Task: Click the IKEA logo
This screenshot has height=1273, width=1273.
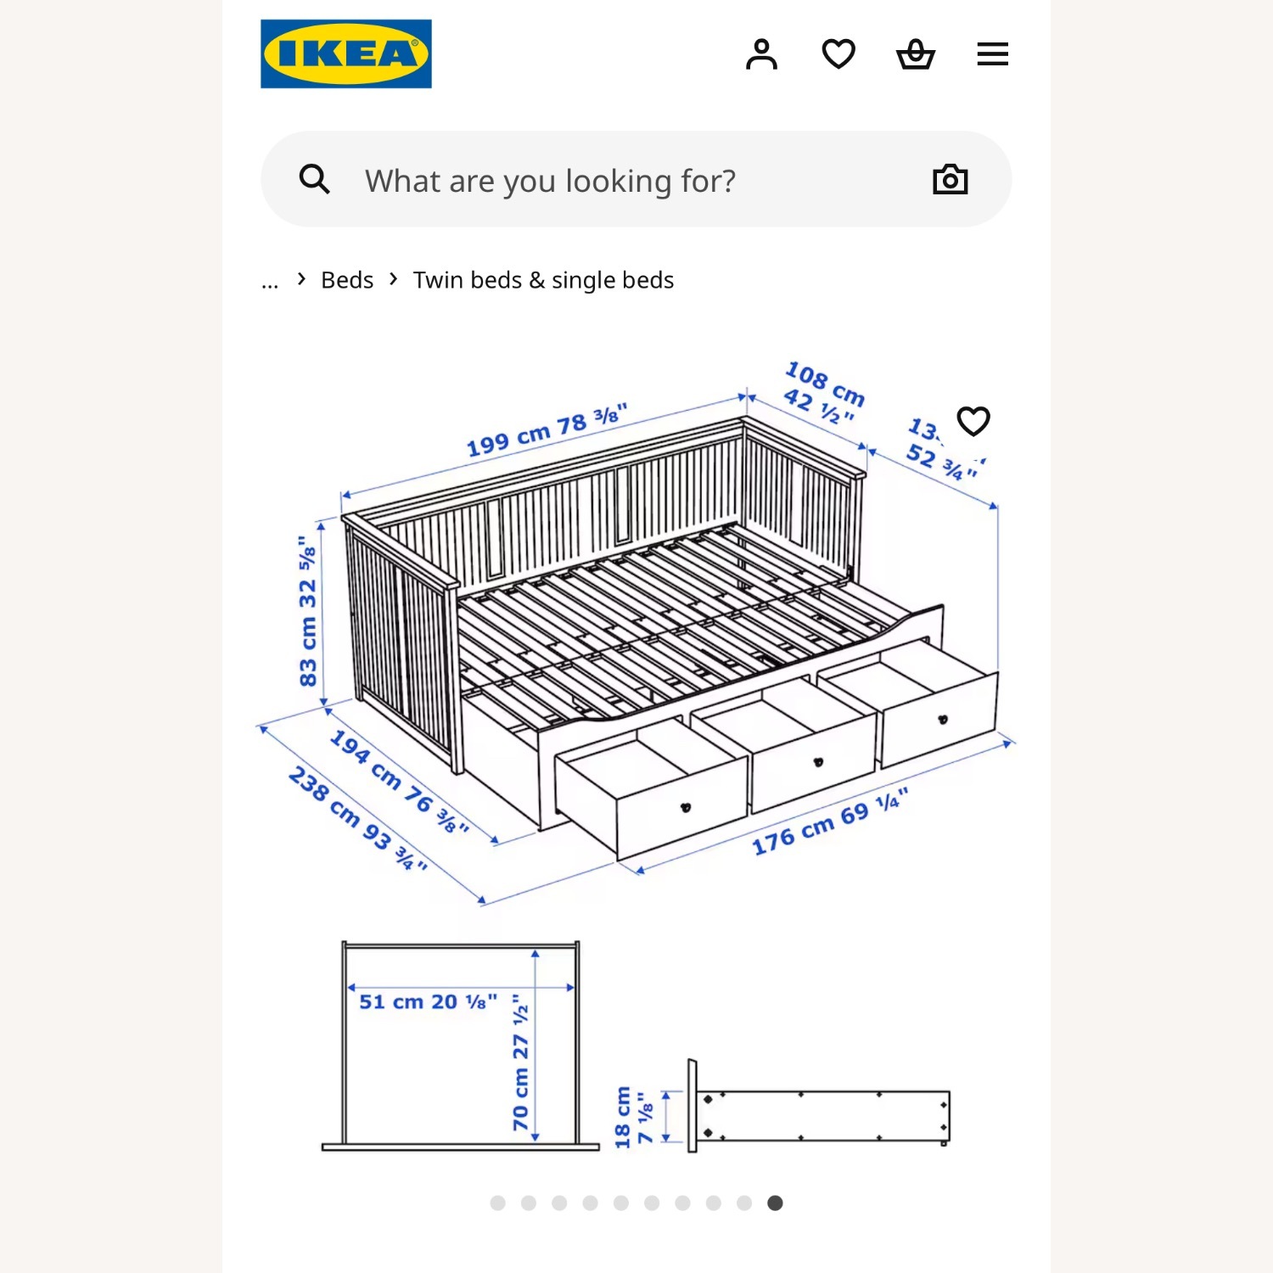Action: (x=345, y=53)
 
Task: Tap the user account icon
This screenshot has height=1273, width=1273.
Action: (x=761, y=54)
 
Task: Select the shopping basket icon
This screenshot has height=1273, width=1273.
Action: (x=915, y=54)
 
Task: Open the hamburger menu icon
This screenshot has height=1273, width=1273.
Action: (x=992, y=54)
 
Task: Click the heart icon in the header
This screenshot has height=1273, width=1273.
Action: (x=838, y=54)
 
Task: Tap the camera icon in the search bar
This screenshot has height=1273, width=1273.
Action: (x=950, y=179)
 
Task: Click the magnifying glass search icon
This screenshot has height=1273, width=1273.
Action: (x=314, y=179)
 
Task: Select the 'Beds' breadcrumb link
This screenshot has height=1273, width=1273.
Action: (x=347, y=280)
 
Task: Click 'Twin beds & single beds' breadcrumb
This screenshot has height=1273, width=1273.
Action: (x=543, y=280)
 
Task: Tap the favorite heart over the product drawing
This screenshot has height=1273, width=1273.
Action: (x=973, y=421)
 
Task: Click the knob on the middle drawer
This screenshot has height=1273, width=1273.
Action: (x=818, y=762)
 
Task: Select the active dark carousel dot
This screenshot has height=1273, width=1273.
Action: (x=775, y=1203)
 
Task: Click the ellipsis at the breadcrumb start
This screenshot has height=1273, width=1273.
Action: (x=270, y=283)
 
